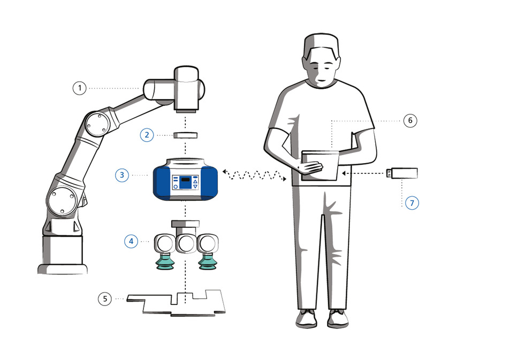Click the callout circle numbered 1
[x=79, y=88]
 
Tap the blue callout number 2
[x=147, y=135]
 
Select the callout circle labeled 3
[x=122, y=175]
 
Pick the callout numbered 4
[x=131, y=241]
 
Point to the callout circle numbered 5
[x=105, y=298]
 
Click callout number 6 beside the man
[x=411, y=121]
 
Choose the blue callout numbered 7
[x=412, y=203]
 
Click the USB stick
[x=402, y=173]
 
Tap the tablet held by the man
[x=320, y=165]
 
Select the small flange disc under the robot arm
[x=185, y=135]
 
